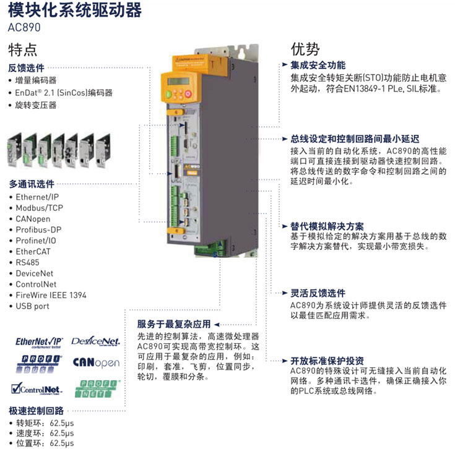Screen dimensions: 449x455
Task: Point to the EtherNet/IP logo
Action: tap(40, 341)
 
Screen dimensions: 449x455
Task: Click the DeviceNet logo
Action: tap(96, 341)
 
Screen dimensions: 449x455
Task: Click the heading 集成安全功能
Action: tap(318, 65)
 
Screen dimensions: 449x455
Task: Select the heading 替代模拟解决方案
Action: tap(327, 226)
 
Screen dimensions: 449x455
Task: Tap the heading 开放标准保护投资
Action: tap(327, 361)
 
